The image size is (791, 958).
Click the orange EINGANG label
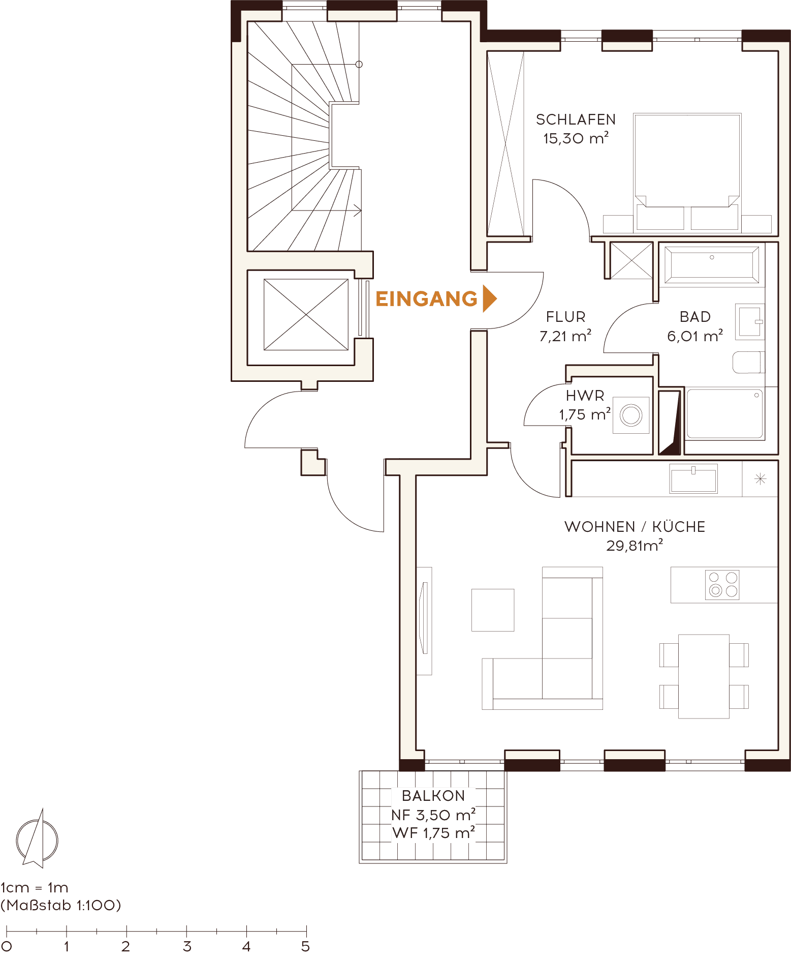(426, 299)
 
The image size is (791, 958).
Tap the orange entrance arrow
(489, 298)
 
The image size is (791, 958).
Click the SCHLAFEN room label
(576, 119)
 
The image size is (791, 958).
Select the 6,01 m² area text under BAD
(694, 336)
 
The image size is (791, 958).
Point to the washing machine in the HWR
(631, 415)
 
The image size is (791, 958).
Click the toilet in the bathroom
(748, 362)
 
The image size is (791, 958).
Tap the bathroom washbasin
(750, 320)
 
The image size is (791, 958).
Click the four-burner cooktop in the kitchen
(722, 584)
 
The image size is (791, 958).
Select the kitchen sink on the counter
(693, 479)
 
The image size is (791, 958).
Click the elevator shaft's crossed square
(306, 314)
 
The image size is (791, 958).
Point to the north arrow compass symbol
(37, 839)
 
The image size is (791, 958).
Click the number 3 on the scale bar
(187, 946)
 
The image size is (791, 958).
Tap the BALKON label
(433, 796)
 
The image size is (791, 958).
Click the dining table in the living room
(704, 676)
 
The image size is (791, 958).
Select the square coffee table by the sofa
(493, 610)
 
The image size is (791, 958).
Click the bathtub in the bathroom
(712, 264)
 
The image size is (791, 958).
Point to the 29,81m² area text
(635, 546)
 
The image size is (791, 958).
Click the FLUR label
(566, 317)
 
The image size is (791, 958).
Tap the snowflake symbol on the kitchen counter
(760, 478)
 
